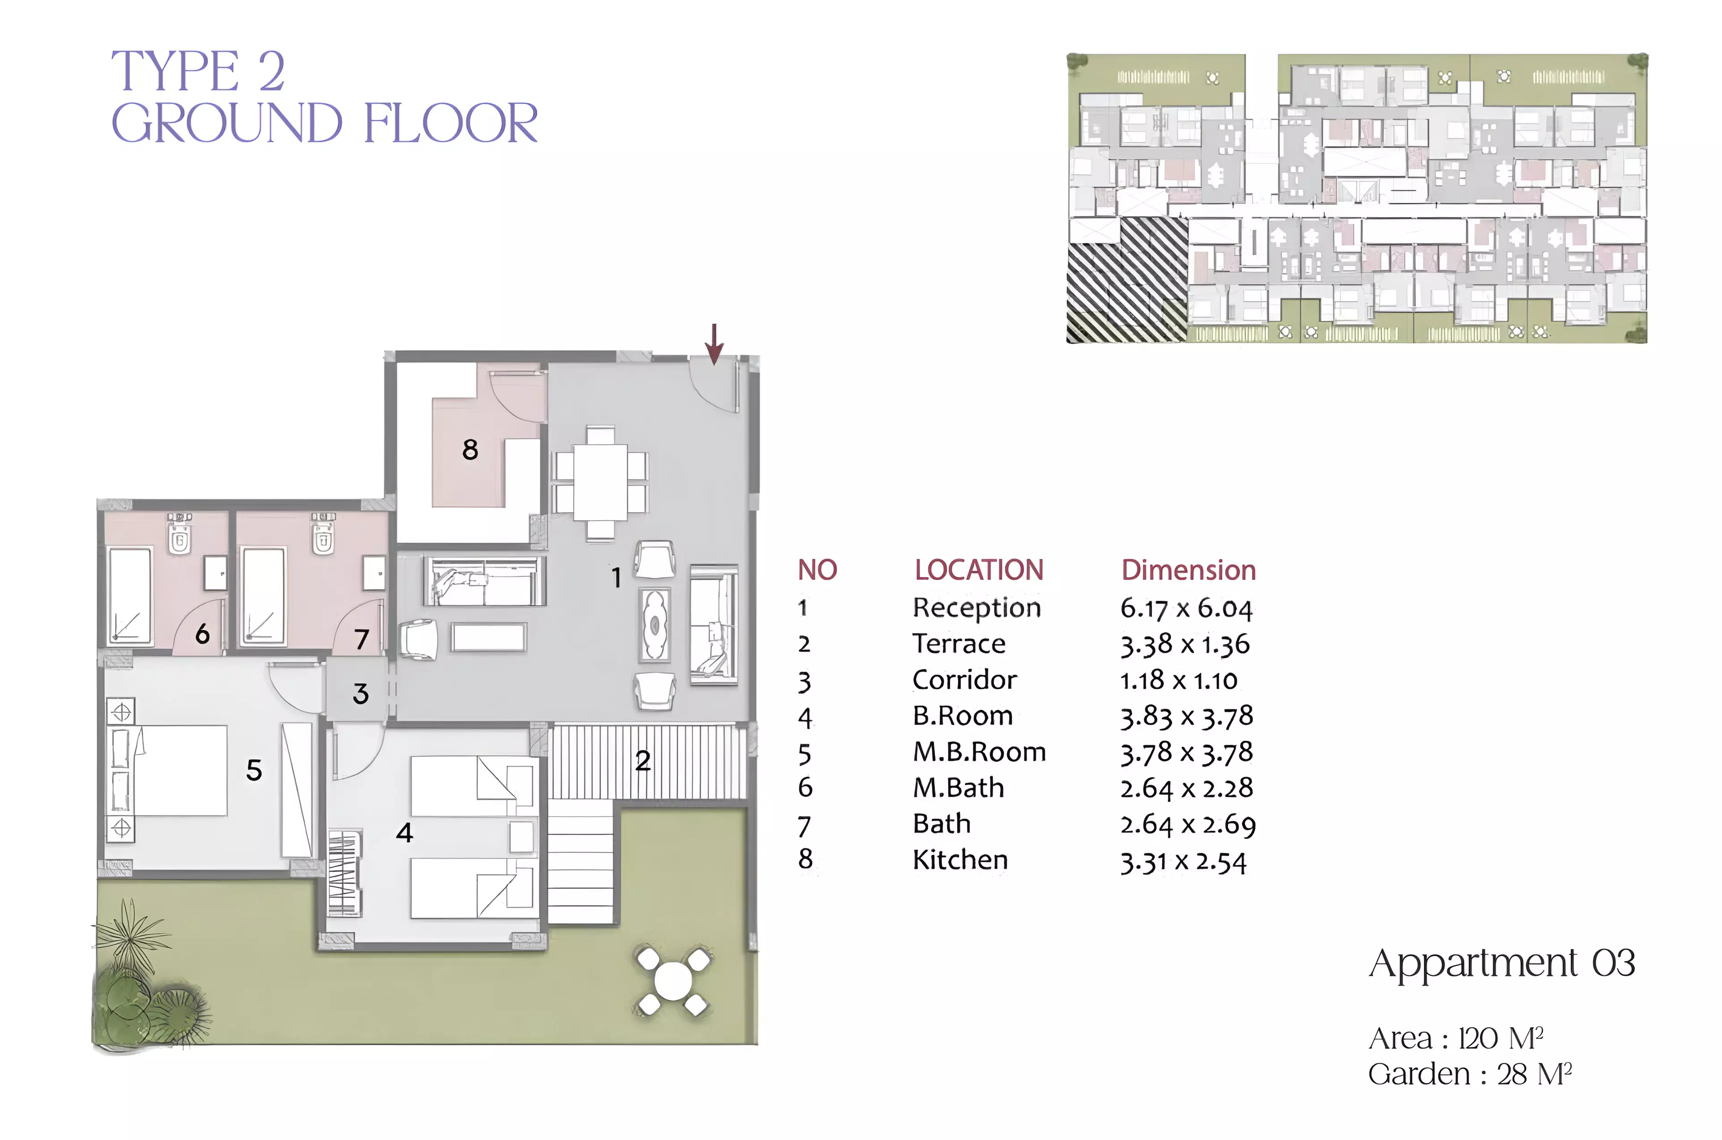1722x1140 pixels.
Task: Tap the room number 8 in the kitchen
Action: pyautogui.click(x=470, y=449)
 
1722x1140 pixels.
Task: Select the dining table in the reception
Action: pyautogui.click(x=600, y=482)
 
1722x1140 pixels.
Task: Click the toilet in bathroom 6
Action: pyautogui.click(x=179, y=534)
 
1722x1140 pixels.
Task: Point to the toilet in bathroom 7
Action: pyautogui.click(x=323, y=534)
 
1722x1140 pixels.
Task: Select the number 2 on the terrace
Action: pyautogui.click(x=642, y=761)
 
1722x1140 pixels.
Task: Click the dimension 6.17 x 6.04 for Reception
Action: pyautogui.click(x=1186, y=608)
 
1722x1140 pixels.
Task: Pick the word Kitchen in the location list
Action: pyautogui.click(x=960, y=860)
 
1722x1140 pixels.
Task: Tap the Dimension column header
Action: pyautogui.click(x=1188, y=570)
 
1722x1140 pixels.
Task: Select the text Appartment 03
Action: pyautogui.click(x=1502, y=964)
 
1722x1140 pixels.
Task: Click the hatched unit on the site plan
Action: pyautogui.click(x=1127, y=280)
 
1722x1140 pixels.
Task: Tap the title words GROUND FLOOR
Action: pyautogui.click(x=324, y=123)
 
